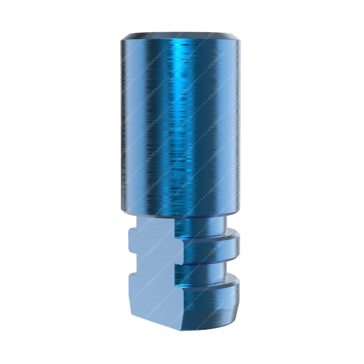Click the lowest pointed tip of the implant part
181,330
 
